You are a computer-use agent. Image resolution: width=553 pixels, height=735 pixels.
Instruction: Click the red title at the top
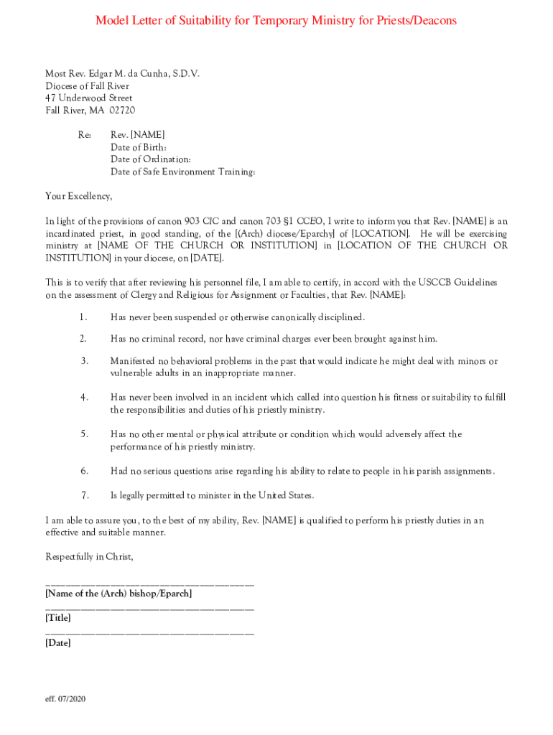pyautogui.click(x=276, y=21)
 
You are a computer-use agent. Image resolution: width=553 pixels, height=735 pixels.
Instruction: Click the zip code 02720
pyautogui.click(x=122, y=111)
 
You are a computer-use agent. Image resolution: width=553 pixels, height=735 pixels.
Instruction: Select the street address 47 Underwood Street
pyautogui.click(x=89, y=98)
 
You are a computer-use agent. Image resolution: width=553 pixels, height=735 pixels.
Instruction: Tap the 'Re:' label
pyautogui.click(x=85, y=135)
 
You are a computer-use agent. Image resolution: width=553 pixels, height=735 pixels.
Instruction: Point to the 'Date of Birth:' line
pyautogui.click(x=139, y=147)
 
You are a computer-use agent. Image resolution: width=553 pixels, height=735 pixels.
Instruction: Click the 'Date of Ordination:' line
pyautogui.click(x=151, y=159)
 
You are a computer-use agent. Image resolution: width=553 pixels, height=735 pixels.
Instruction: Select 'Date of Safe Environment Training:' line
pyautogui.click(x=183, y=172)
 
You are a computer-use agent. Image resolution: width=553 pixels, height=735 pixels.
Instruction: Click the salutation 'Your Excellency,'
pyautogui.click(x=79, y=196)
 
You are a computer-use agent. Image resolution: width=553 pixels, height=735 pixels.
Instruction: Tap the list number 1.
pyautogui.click(x=83, y=317)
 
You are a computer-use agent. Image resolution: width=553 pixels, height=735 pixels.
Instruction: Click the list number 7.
pyautogui.click(x=84, y=495)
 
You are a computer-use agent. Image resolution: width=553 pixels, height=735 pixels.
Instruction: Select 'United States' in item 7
pyautogui.click(x=285, y=495)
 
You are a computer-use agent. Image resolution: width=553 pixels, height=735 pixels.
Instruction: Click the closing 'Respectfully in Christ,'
pyautogui.click(x=90, y=557)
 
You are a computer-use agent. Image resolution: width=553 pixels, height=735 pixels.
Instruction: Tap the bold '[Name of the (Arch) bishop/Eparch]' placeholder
pyautogui.click(x=118, y=594)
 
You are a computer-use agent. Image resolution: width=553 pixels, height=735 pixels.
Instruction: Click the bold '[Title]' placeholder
pyautogui.click(x=58, y=618)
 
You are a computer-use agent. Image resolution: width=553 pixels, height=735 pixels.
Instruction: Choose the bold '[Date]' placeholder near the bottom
pyautogui.click(x=58, y=643)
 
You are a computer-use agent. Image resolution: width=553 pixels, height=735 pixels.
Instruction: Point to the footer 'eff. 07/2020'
pyautogui.click(x=65, y=699)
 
